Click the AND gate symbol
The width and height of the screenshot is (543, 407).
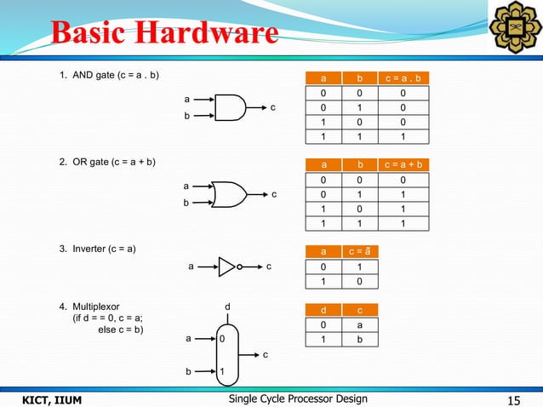pos(231,108)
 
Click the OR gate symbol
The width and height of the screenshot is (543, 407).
pos(229,195)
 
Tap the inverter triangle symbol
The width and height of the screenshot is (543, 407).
pos(227,267)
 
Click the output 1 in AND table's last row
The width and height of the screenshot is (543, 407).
pos(403,136)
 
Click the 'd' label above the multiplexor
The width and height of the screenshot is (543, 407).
pos(226,306)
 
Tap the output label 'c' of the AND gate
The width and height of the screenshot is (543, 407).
pos(273,108)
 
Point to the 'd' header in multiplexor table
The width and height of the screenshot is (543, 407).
pos(323,310)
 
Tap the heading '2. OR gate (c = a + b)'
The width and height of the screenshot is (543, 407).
pos(107,162)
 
